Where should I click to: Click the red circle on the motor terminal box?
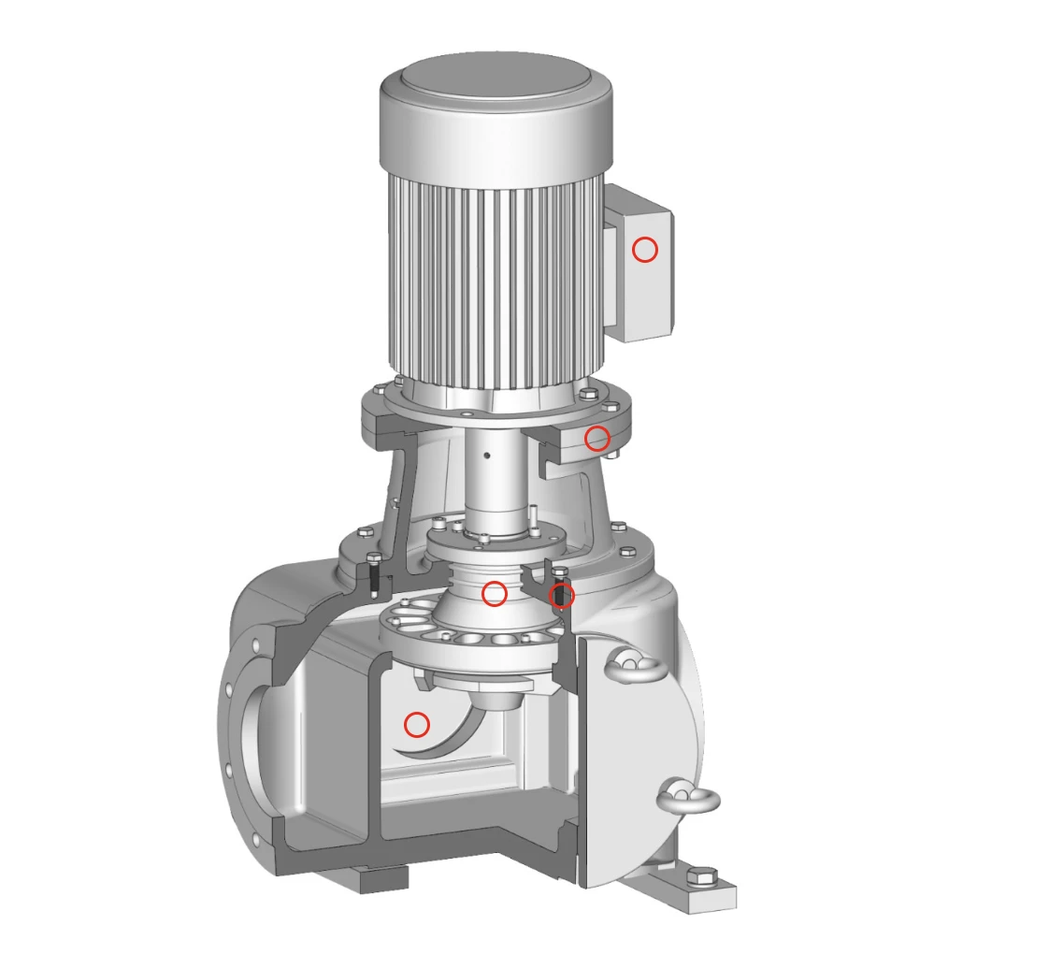pos(645,250)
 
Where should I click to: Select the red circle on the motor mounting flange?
pos(597,438)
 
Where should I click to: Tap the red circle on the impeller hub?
pos(495,593)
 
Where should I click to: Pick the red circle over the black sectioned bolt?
pos(561,596)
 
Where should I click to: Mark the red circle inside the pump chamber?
pos(416,724)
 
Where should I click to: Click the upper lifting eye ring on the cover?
pos(636,666)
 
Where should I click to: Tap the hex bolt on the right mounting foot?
pos(702,877)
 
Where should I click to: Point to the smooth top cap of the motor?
pos(496,84)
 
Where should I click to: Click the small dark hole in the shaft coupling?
pos(486,456)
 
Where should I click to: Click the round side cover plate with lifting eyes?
pos(645,748)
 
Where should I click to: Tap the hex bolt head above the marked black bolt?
pos(560,572)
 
